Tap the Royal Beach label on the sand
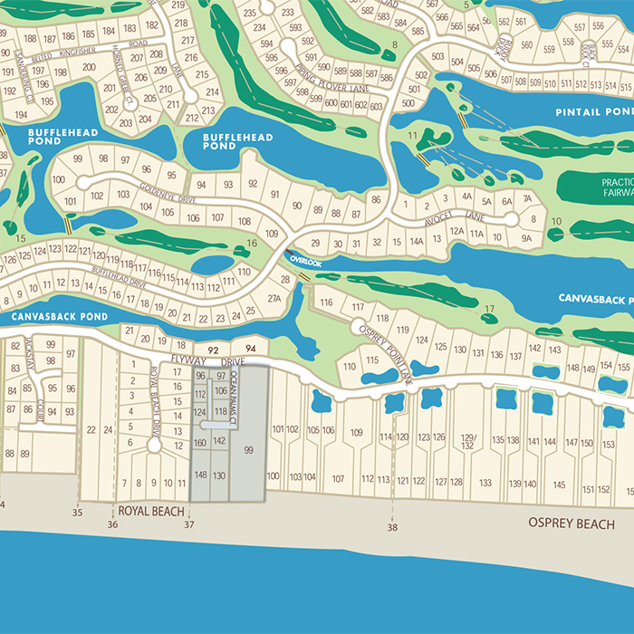tap(150, 511)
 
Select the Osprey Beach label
tap(572, 524)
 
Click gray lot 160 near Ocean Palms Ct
tap(200, 443)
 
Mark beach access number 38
tap(392, 527)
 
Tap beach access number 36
tap(112, 524)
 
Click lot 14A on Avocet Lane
tap(416, 242)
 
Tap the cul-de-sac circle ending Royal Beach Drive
tap(154, 446)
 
